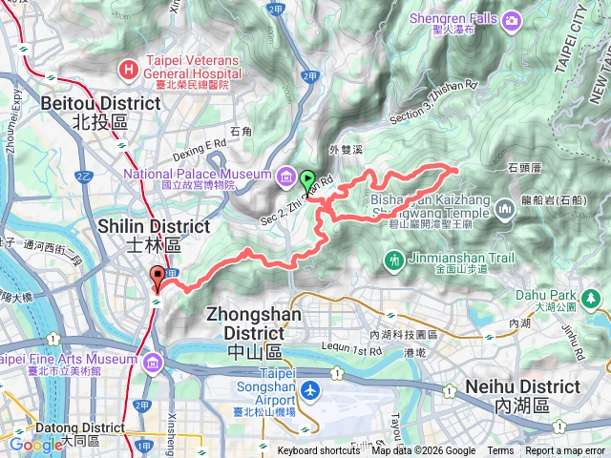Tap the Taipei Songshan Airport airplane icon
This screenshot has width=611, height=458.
(x=309, y=390)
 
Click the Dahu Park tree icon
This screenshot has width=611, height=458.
(x=593, y=300)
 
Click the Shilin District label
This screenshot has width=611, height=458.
(x=154, y=235)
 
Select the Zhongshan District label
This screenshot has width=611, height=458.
(x=246, y=323)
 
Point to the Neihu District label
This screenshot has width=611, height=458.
(x=522, y=394)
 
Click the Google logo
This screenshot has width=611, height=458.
(x=35, y=444)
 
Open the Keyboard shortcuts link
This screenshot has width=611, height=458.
(x=319, y=451)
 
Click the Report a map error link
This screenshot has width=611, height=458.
(x=566, y=451)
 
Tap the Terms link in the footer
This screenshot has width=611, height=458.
(x=500, y=451)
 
